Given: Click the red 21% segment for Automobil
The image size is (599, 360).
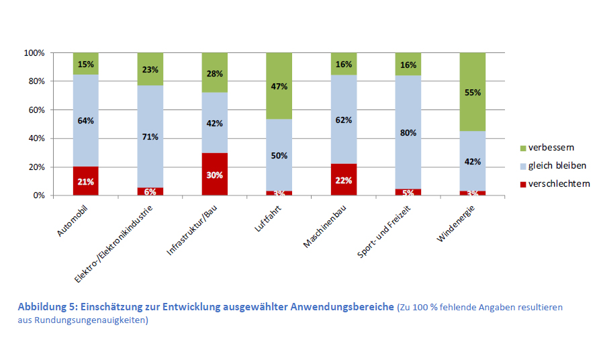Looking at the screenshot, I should point(86,181).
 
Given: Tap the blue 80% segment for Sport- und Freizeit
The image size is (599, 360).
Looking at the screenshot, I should point(408,132).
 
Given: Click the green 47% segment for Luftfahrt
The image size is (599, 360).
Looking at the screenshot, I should point(279,86).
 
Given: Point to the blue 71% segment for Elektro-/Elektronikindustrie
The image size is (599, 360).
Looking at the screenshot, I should point(150,136).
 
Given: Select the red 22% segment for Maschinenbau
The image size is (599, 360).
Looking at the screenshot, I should point(344,179).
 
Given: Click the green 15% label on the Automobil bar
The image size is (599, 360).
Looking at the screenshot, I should point(86,64).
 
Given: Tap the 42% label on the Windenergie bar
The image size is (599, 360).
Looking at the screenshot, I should point(473,161).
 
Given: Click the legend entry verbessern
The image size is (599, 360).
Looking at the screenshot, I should point(551,147).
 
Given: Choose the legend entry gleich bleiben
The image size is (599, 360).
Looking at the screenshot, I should point(557,165).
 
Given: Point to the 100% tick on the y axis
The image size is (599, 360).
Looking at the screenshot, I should point(34,53).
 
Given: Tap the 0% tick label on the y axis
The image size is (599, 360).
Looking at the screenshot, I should point(38,195).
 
